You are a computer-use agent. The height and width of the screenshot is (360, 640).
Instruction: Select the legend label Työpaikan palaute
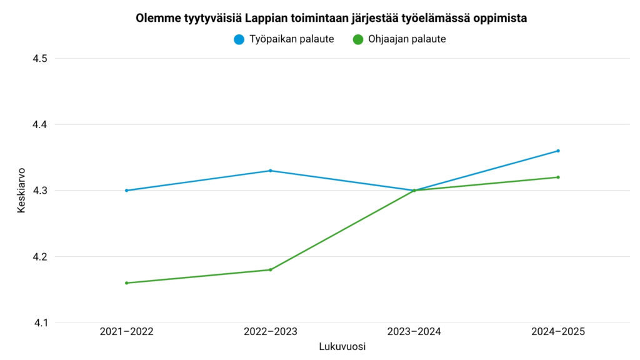[291, 39]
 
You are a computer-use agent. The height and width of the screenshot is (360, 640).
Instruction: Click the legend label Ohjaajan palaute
[407, 39]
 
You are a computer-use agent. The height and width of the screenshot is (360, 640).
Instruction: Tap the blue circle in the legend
[239, 39]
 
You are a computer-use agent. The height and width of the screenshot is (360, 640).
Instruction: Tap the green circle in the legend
[358, 39]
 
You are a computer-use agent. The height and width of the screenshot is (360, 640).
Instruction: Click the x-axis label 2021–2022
[126, 332]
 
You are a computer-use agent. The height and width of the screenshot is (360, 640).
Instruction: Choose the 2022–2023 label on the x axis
[270, 332]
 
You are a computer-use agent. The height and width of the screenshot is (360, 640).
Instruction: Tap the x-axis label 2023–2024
[414, 332]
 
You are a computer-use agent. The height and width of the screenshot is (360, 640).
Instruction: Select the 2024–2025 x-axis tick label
[557, 332]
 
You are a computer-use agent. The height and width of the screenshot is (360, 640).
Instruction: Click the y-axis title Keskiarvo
[21, 190]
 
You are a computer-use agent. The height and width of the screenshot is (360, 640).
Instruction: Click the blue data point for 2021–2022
[126, 191]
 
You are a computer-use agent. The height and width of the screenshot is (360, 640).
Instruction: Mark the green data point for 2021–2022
[126, 283]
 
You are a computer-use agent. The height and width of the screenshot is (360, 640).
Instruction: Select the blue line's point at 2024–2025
[558, 151]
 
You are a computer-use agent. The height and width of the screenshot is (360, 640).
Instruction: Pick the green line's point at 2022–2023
[270, 270]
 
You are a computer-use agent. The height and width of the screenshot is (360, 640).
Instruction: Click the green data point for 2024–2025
[558, 177]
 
